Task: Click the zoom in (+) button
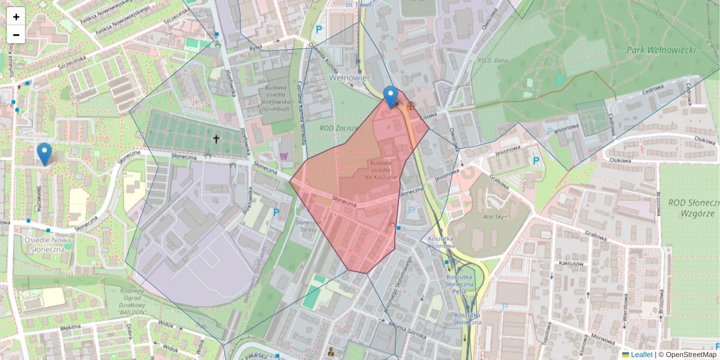(16, 17)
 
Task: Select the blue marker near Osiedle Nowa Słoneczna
(44, 154)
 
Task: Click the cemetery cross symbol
(217, 139)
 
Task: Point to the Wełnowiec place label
(352, 78)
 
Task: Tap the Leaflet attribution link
(641, 355)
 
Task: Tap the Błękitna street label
(70, 329)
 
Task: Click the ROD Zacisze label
(340, 128)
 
